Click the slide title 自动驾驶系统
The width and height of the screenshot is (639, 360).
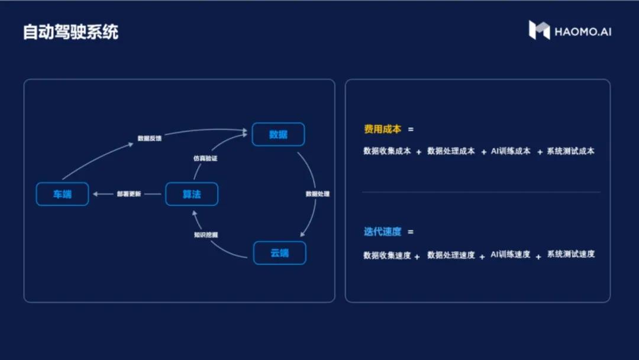pos(70,32)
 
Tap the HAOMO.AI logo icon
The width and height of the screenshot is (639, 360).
pos(539,30)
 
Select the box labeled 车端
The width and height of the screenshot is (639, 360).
pos(62,194)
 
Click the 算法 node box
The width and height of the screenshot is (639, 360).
pos(192,194)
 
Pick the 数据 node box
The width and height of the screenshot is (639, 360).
pos(278,134)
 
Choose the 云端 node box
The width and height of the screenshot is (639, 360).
pos(279,253)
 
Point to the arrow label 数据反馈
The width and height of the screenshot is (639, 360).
pos(149,139)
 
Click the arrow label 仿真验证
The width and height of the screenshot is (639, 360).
pos(205,159)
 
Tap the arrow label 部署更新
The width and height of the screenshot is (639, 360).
pos(129,194)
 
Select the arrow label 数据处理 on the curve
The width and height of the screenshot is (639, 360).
pos(318,194)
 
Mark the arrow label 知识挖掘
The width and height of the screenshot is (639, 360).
pos(206,234)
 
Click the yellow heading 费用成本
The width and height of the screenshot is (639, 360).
pos(382,129)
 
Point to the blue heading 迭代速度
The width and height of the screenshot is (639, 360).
pos(382,232)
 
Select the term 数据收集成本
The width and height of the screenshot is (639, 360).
pos(387,151)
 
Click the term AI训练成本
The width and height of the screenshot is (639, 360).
pos(511,151)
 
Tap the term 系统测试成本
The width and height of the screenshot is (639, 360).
pos(570,151)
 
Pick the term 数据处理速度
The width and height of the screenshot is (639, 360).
pos(451,255)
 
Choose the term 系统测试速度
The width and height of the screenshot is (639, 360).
pos(570,254)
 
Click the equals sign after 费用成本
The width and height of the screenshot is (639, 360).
pos(411,129)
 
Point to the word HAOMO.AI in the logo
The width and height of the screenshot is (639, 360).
pos(583,32)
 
